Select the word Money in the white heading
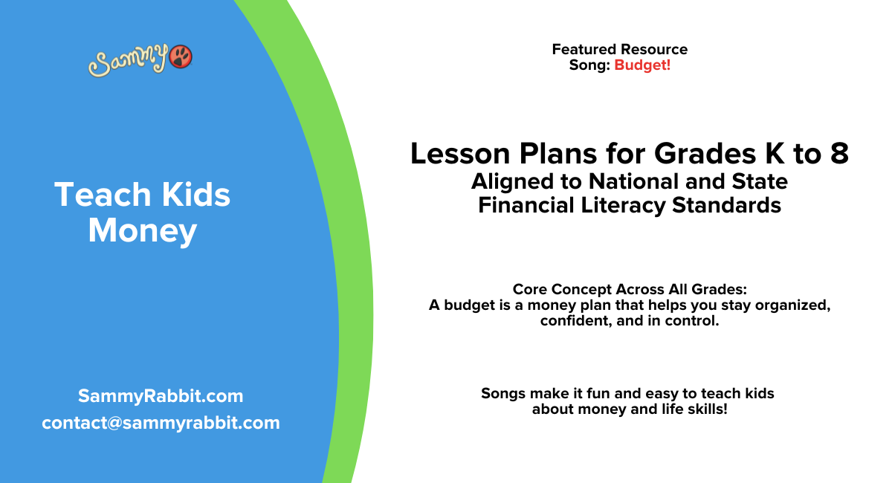[x=142, y=230]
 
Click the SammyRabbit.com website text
[x=161, y=396]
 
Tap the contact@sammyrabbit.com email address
[x=161, y=423]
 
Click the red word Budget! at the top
[x=642, y=65]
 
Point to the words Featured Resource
[x=619, y=50]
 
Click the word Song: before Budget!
[x=589, y=65]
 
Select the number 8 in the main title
[x=838, y=154]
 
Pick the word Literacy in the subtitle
[x=644, y=204]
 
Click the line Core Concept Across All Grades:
[x=629, y=289]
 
